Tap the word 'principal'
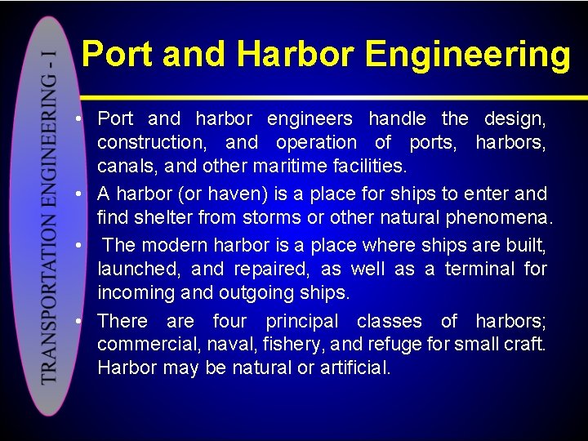tap(301, 321)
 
